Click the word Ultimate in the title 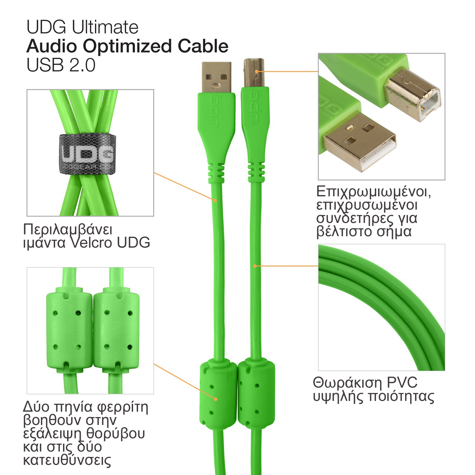(x=105, y=27)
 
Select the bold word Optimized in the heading (x=128, y=47)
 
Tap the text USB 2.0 (x=61, y=65)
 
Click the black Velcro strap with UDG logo (x=87, y=154)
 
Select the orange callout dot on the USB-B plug (x=256, y=72)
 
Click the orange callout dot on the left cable (x=215, y=200)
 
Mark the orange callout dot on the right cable (x=255, y=266)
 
